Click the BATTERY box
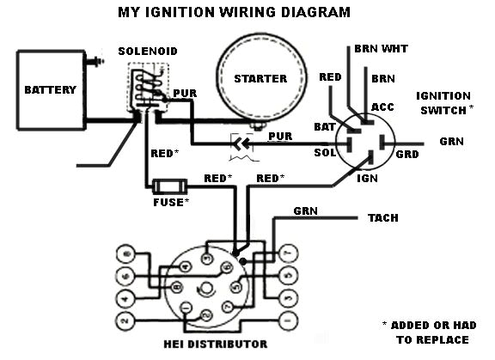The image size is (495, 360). (50, 89)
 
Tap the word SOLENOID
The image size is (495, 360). (148, 52)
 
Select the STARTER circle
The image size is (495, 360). (260, 78)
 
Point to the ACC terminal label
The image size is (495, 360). (382, 107)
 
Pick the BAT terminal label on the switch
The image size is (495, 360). (324, 126)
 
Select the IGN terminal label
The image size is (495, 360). (367, 179)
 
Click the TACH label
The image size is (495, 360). (383, 218)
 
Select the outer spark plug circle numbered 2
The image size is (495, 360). (126, 320)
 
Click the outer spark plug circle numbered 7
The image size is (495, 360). (287, 253)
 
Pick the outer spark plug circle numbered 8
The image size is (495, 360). (126, 253)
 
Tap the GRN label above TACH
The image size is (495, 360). (305, 210)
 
